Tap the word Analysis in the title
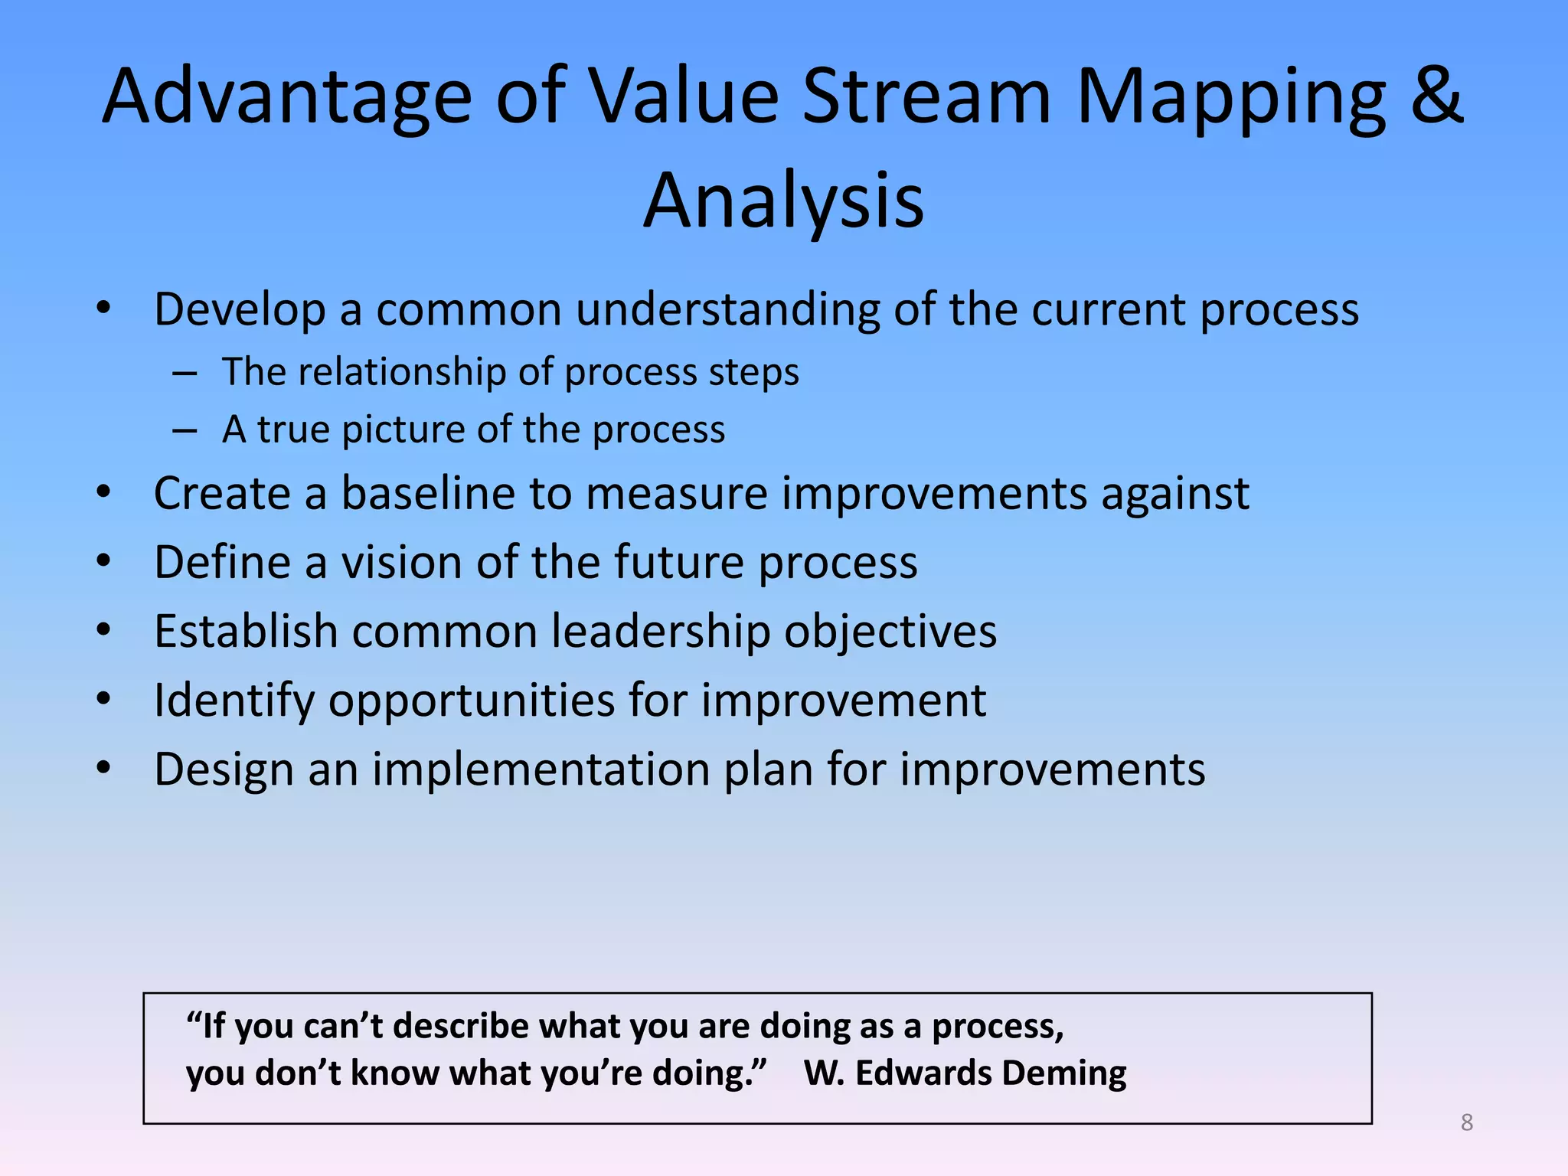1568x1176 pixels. tap(783, 201)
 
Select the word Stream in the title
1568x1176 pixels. tap(926, 96)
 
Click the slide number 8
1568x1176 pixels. tap(1466, 1122)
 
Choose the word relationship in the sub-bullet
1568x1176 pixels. tap(401, 372)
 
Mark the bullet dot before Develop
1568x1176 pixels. tap(103, 309)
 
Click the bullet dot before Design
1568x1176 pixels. tap(103, 768)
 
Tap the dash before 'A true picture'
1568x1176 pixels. tap(185, 431)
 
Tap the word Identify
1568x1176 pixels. tap(234, 701)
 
